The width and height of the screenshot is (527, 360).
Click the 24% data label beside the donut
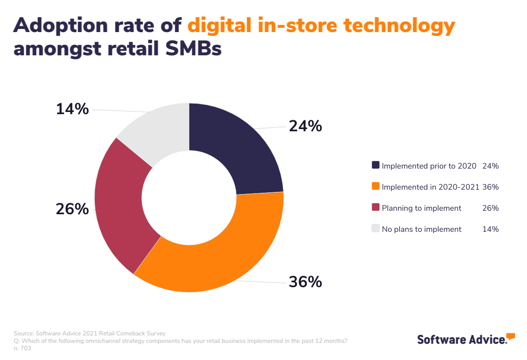click(305, 126)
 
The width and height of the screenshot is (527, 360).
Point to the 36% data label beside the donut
click(305, 282)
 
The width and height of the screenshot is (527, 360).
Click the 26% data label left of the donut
click(72, 209)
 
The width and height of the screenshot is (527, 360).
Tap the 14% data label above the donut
click(72, 109)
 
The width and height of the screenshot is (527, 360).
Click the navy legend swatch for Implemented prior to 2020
click(375, 166)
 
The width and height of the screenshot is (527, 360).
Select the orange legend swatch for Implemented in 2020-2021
click(375, 187)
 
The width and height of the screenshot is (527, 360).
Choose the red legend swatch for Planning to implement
click(375, 208)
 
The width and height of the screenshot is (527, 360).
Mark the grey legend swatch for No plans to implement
click(375, 229)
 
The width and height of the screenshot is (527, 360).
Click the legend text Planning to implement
click(421, 208)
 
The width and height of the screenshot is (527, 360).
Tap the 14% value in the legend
click(490, 229)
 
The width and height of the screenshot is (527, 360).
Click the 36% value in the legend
click(490, 187)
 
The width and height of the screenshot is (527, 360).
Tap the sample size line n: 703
click(22, 349)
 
